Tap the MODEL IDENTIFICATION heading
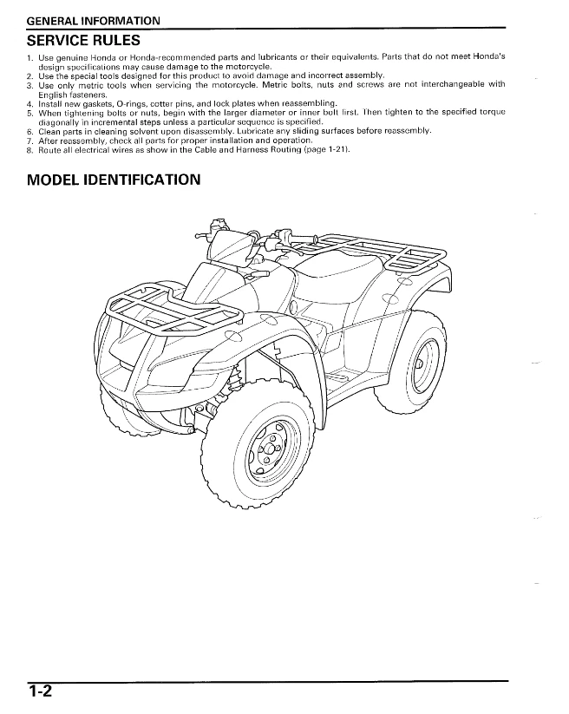[x=114, y=180]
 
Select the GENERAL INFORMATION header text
[x=94, y=20]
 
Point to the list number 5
[x=29, y=113]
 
